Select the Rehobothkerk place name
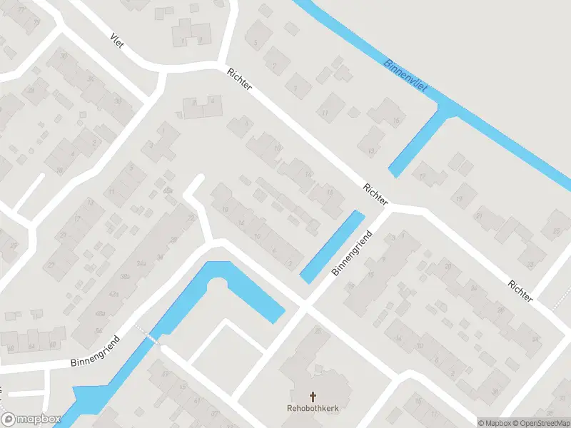(312, 409)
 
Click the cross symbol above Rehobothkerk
(312, 396)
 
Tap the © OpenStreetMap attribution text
(540, 422)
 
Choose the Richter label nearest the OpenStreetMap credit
(520, 290)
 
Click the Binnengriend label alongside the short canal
(352, 254)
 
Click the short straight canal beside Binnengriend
(332, 247)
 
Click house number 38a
(126, 276)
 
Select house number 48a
(102, 313)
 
